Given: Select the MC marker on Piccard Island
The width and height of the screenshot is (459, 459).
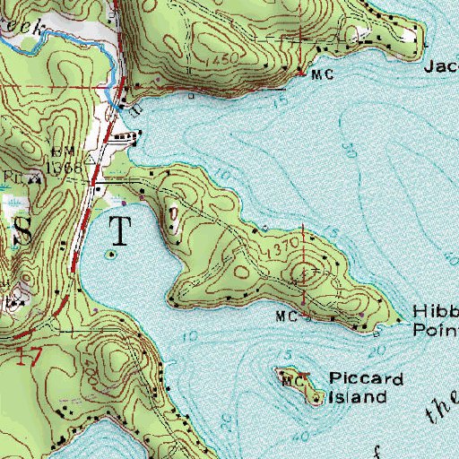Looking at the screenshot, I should tap(290, 382).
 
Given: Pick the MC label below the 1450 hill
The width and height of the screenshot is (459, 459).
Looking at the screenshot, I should tap(322, 75).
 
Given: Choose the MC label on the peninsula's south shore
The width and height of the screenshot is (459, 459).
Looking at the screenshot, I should tap(286, 316).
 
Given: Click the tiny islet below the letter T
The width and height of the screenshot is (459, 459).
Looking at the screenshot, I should tap(112, 255).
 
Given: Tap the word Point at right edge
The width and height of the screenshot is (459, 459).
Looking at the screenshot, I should tap(436, 329).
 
